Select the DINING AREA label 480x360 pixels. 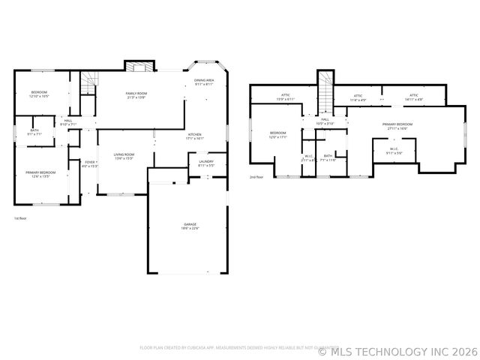point(205,82)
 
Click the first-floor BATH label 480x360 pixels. point(35,133)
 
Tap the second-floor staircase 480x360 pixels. point(325,89)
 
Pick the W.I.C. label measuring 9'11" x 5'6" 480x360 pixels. point(394,151)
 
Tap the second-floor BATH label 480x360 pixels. point(328,157)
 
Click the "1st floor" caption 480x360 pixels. point(20,218)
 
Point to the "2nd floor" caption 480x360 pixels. point(257,178)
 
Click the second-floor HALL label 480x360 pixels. point(325,121)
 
